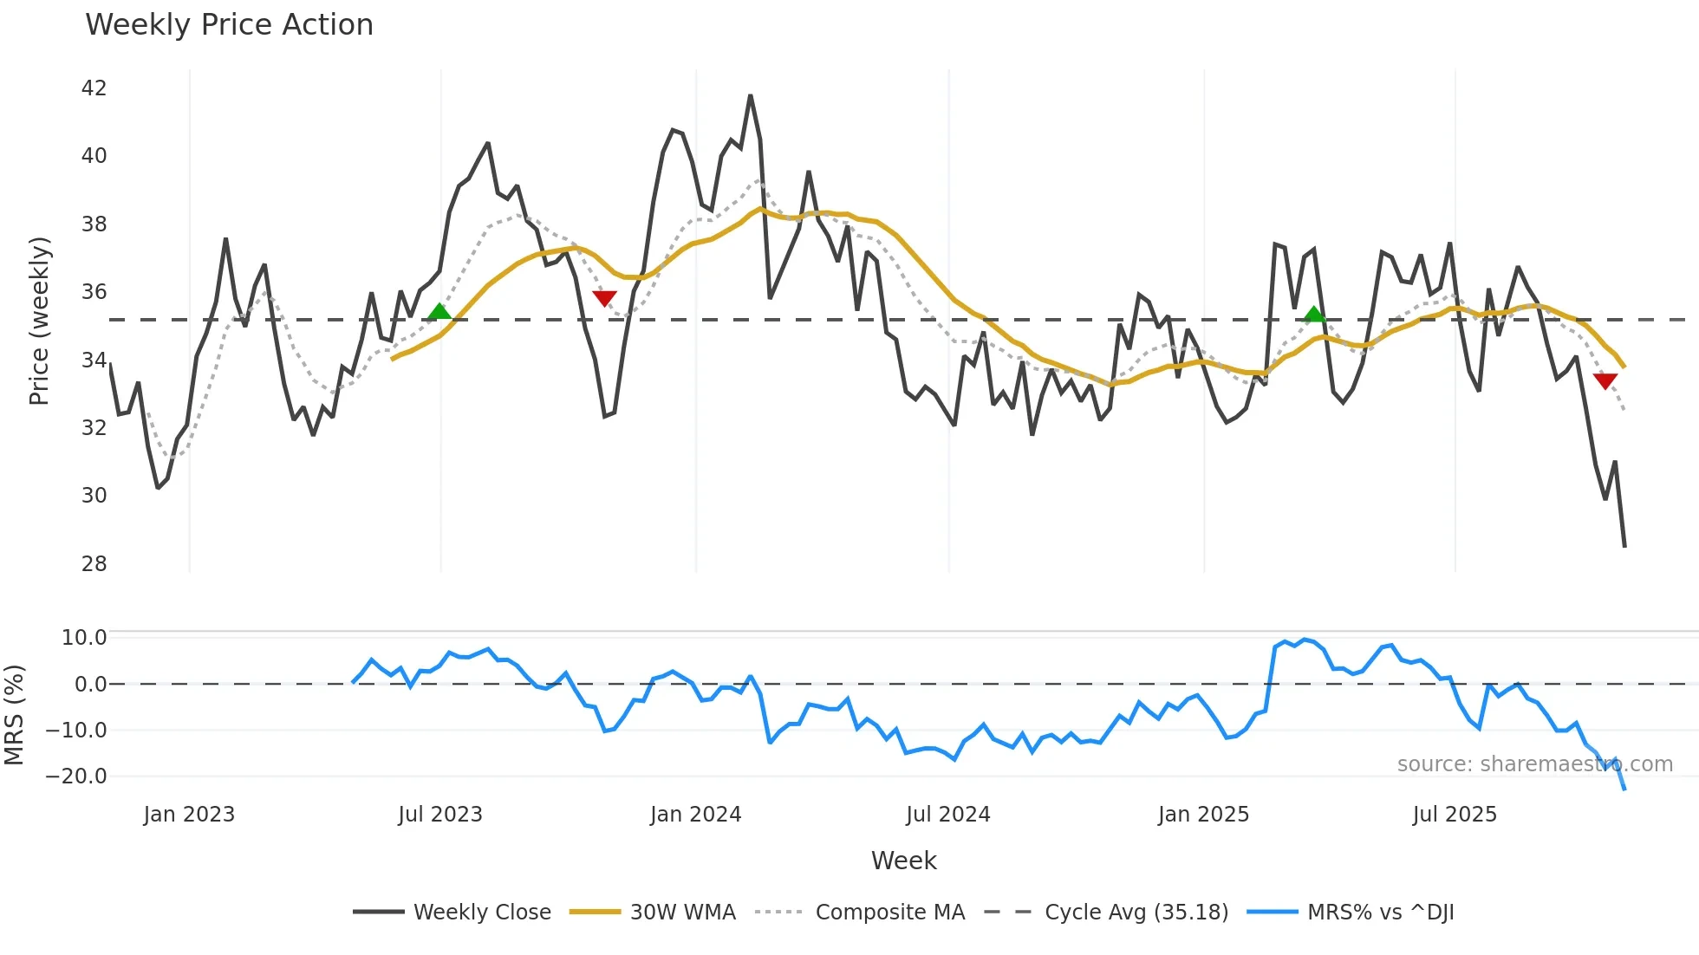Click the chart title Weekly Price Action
229,25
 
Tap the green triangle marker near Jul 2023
439,312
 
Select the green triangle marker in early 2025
1314,315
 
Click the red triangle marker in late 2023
604,298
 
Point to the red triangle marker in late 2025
1605,380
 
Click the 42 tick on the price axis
94,88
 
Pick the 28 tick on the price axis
94,564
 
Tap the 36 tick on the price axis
94,292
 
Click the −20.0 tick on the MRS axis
76,776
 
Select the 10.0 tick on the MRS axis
84,638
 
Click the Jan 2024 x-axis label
695,815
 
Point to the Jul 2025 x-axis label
1455,815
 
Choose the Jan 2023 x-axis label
189,815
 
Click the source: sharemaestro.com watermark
1534,764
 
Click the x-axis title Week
903,861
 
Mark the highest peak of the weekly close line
750,96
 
